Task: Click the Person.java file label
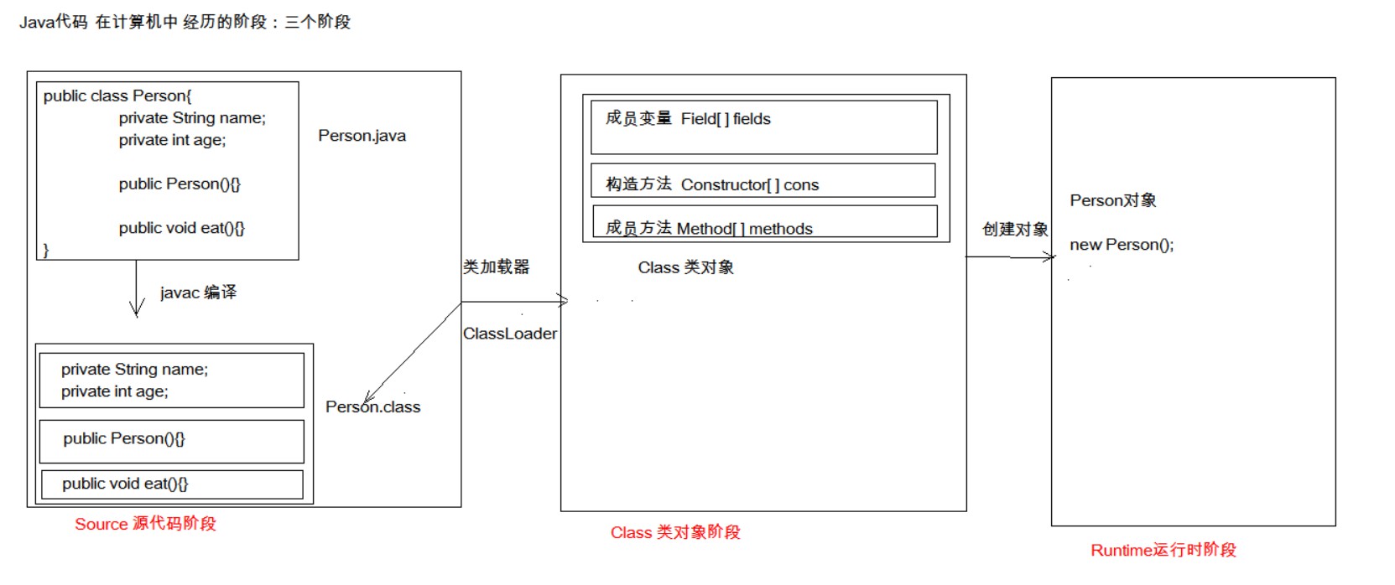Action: [x=362, y=136]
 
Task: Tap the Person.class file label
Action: [x=373, y=407]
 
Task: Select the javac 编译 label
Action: [x=198, y=292]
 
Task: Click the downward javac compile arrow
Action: [x=136, y=289]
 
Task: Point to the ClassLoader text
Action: [x=510, y=334]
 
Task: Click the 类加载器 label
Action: [x=496, y=267]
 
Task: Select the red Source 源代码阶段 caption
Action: [x=145, y=524]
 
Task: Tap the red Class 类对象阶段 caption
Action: [x=675, y=532]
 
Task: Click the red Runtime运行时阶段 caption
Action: [x=1163, y=550]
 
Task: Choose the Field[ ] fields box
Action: [x=763, y=127]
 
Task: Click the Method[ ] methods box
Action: [x=764, y=222]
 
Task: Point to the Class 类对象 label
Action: [x=685, y=267]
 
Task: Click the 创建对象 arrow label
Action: [x=1015, y=230]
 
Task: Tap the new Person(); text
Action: [x=1122, y=245]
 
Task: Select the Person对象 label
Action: [x=1113, y=200]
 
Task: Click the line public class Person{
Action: [x=117, y=96]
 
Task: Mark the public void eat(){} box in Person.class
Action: [x=172, y=484]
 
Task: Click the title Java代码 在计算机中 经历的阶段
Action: [x=185, y=23]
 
